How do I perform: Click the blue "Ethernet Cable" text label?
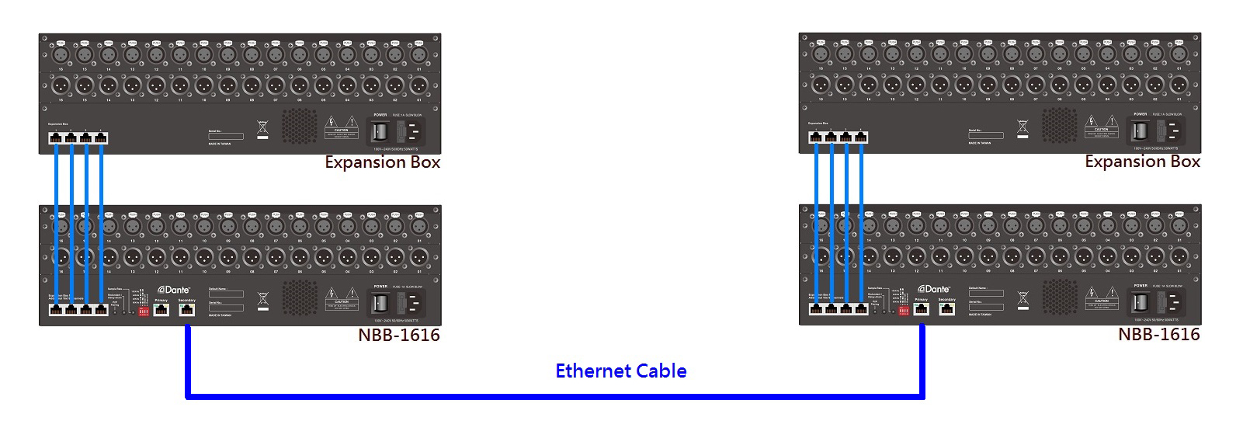(620, 371)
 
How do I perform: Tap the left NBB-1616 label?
(398, 335)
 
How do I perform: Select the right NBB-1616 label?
(1158, 334)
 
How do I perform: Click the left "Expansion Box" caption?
(382, 162)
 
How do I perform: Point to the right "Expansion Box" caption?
(1142, 162)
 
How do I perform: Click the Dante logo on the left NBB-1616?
(173, 290)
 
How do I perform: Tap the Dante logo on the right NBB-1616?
(933, 289)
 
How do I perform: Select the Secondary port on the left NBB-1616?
(186, 309)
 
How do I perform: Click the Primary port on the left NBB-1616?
(161, 309)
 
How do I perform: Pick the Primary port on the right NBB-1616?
(922, 308)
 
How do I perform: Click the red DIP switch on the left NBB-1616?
(144, 311)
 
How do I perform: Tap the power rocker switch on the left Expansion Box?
(380, 130)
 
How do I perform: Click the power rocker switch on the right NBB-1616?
(1140, 302)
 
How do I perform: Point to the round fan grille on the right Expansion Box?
(1059, 124)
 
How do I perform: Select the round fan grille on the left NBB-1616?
(299, 298)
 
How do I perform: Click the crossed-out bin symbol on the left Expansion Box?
(262, 128)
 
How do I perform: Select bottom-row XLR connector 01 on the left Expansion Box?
(419, 85)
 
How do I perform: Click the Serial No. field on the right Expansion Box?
(986, 135)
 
